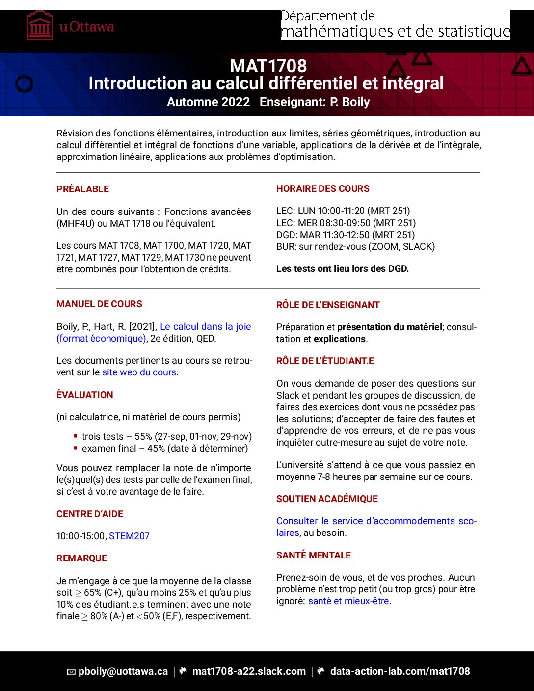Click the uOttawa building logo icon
click(x=40, y=26)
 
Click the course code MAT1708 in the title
click(x=268, y=66)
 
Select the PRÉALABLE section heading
click(x=82, y=189)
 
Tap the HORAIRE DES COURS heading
click(x=322, y=188)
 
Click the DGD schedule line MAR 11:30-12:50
click(x=345, y=235)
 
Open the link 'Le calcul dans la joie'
click(x=205, y=326)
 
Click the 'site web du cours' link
click(x=139, y=372)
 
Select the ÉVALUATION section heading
click(x=84, y=395)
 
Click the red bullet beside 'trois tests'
click(x=76, y=436)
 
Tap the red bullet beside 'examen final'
click(x=76, y=448)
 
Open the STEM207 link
click(x=129, y=536)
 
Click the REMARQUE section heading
click(x=81, y=558)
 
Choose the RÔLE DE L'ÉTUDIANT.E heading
click(x=325, y=361)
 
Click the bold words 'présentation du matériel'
click(x=389, y=327)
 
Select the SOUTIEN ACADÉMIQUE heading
click(x=327, y=499)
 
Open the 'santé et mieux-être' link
click(x=348, y=601)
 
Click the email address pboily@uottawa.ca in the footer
click(x=123, y=671)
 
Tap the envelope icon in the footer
click(x=71, y=672)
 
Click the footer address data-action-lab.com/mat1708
click(x=400, y=671)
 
